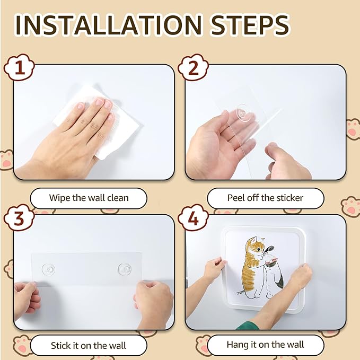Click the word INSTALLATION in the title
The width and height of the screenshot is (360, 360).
coord(108,24)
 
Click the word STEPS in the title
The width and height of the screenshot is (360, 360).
coord(250,24)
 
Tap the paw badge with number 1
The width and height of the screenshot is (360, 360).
coord(19,67)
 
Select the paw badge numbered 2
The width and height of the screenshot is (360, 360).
coord(194,67)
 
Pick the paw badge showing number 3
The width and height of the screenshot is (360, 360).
coord(19,217)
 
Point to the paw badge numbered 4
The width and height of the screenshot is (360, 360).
coord(194,217)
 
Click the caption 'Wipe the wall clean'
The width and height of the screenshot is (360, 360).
coord(89,198)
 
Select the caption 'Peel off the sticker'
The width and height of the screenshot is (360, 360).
coord(266,198)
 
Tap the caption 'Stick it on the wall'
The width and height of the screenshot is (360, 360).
coord(89,346)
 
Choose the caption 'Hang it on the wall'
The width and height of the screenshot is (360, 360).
coord(266,345)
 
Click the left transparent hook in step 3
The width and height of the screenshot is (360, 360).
coord(48,269)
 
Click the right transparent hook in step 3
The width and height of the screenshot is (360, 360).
coord(125,269)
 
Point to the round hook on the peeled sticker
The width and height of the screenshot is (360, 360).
coord(242,112)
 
